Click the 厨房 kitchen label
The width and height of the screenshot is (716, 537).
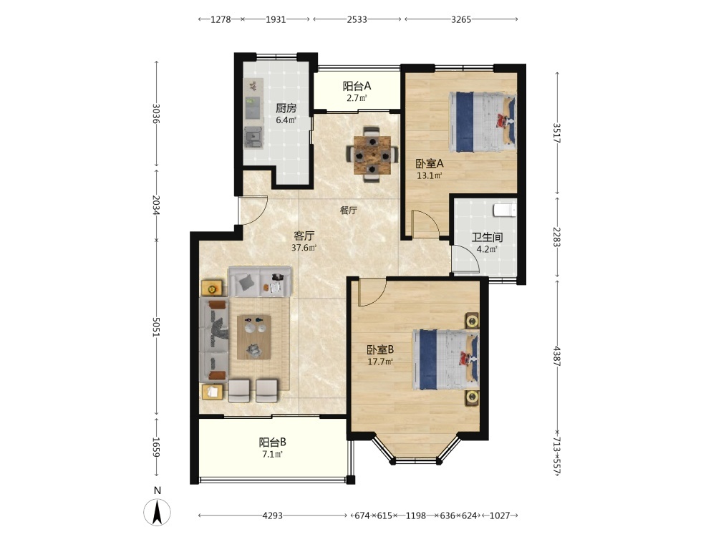pyautogui.click(x=286, y=108)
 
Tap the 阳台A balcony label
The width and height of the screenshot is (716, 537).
pyautogui.click(x=357, y=86)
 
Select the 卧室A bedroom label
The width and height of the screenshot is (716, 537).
pyautogui.click(x=429, y=163)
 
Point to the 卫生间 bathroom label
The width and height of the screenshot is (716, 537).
pyautogui.click(x=487, y=238)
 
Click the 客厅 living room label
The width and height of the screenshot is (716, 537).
pyautogui.click(x=304, y=236)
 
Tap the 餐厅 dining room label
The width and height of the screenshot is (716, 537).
pyautogui.click(x=349, y=211)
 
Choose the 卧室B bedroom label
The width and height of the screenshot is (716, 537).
pyautogui.click(x=380, y=350)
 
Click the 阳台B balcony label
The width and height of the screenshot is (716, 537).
pyautogui.click(x=273, y=442)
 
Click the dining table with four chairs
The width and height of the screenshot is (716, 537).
pyautogui.click(x=372, y=155)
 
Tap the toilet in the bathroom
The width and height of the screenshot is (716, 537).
pyautogui.click(x=505, y=210)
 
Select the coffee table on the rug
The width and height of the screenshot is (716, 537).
pyautogui.click(x=254, y=337)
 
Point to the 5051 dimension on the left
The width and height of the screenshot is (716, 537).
pyautogui.click(x=155, y=327)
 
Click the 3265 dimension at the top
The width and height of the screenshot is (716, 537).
pyautogui.click(x=460, y=19)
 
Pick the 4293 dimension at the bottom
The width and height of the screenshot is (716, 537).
pyautogui.click(x=272, y=516)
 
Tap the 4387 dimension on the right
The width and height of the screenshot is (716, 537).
pyautogui.click(x=556, y=356)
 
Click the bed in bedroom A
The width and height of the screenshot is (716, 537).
pyautogui.click(x=483, y=122)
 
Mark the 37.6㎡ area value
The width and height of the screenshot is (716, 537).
pyautogui.click(x=304, y=248)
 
